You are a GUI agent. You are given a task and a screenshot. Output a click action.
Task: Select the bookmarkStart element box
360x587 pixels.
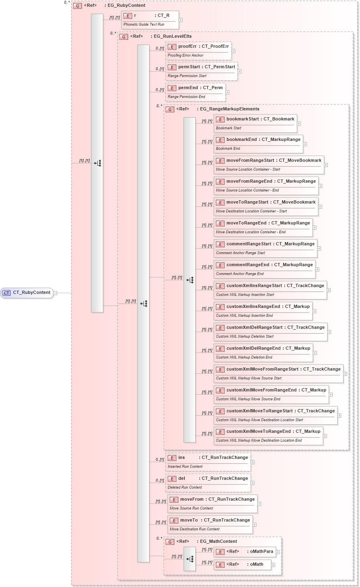255,123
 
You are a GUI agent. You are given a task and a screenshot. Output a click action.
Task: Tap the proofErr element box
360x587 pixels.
198,51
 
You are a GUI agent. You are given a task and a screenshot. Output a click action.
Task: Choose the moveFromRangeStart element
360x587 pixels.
268,165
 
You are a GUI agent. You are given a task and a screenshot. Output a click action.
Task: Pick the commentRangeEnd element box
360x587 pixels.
264,269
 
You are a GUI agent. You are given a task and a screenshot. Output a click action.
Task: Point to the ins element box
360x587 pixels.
208,462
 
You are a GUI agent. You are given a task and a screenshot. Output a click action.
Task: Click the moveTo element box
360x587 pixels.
210,524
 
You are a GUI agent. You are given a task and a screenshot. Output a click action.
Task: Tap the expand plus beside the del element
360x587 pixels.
252,483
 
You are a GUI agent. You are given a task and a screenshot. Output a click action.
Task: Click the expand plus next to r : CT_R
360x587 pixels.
181,20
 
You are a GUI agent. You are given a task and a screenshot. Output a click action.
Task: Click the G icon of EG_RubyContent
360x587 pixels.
78,6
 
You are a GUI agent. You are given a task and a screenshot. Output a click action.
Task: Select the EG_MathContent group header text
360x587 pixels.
219,542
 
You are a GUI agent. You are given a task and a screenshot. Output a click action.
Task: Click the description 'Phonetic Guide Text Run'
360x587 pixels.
144,24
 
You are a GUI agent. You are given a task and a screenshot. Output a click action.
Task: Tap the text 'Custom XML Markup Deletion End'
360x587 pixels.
244,357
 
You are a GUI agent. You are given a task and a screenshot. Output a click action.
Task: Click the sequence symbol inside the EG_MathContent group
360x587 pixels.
190,559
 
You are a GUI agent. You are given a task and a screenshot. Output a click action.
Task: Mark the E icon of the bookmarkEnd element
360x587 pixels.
220,140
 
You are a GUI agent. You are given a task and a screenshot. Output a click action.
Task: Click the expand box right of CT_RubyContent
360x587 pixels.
55,293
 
